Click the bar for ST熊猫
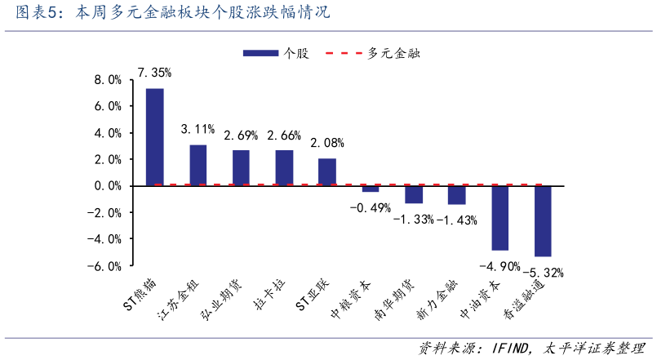click(x=154, y=137)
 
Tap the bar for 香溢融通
click(x=543, y=220)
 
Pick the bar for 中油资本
click(x=499, y=218)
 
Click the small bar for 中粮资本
click(x=371, y=189)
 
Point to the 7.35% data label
click(x=154, y=73)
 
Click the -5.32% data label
click(x=544, y=273)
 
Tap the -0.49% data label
click(x=370, y=207)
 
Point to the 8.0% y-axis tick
click(x=108, y=80)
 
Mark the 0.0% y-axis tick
click(x=108, y=186)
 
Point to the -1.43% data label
click(x=457, y=220)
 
